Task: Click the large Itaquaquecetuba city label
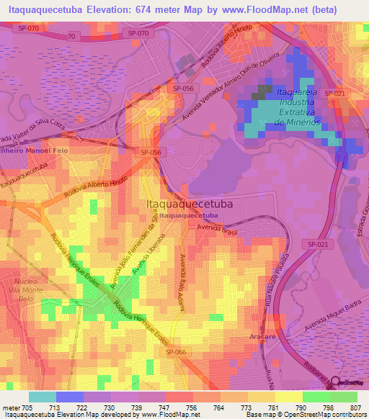pos(190,203)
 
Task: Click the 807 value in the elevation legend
pos(357,406)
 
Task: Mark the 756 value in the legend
pos(190,406)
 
